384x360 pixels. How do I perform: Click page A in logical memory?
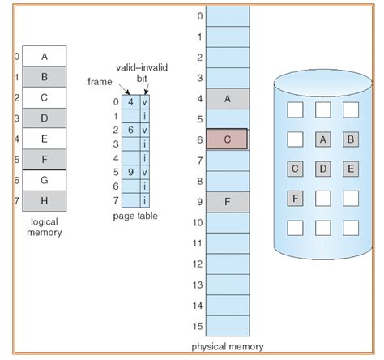(x=44, y=57)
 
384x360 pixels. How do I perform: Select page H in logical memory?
(x=44, y=199)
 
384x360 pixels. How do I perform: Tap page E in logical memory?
(x=44, y=138)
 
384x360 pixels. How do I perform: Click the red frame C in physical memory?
(x=227, y=139)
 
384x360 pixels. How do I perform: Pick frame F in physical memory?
(x=227, y=200)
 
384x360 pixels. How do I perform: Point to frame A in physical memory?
(x=227, y=99)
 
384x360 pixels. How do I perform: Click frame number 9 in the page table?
(x=130, y=173)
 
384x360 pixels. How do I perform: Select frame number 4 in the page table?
(x=130, y=102)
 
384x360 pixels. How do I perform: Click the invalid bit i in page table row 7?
(x=145, y=200)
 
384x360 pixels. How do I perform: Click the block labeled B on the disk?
(x=351, y=139)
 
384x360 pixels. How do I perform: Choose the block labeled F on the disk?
(x=296, y=197)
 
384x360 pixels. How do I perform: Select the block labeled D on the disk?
(x=323, y=169)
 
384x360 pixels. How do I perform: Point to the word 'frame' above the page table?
(x=100, y=83)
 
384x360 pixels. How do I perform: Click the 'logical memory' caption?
(x=43, y=226)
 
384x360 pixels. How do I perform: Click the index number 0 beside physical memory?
(x=199, y=16)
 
